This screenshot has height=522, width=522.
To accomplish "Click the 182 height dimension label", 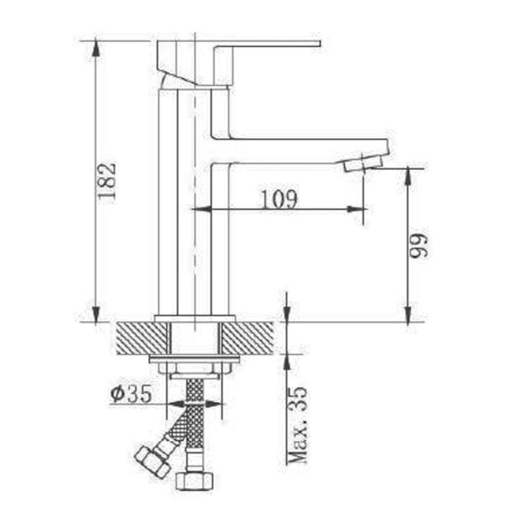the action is pyautogui.click(x=108, y=181).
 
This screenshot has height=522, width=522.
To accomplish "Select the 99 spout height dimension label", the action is pyautogui.click(x=418, y=245).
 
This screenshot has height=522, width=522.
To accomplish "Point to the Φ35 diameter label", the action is pyautogui.click(x=131, y=394).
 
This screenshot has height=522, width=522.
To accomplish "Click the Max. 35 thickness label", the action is pyautogui.click(x=297, y=425).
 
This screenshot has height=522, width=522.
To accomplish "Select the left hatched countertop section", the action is pyautogui.click(x=142, y=338).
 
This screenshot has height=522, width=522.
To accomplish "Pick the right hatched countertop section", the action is pyautogui.click(x=248, y=338).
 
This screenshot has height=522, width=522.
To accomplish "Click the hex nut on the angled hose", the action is pyautogui.click(x=153, y=462).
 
